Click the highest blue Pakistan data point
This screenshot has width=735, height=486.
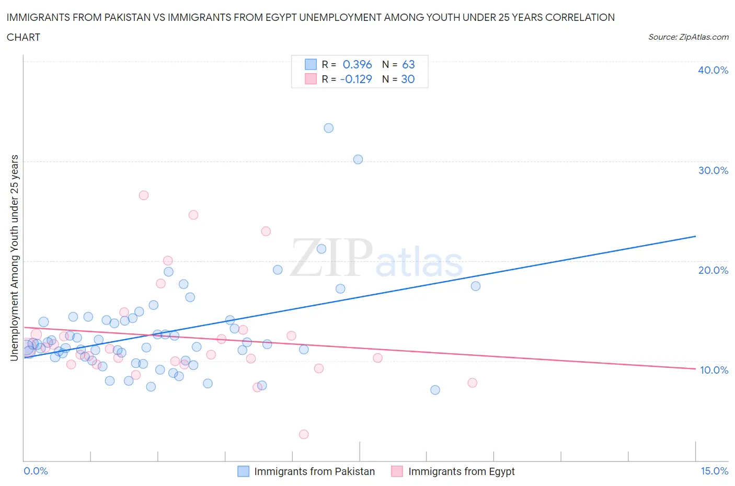tap(328, 128)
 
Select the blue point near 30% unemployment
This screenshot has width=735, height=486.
tap(358, 159)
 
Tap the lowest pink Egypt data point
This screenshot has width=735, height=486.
tap(304, 434)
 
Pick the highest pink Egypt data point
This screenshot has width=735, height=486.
tap(144, 195)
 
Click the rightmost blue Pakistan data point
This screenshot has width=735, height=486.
tap(476, 286)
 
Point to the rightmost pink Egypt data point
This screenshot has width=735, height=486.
tap(473, 383)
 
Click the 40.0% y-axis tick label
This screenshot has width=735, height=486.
tap(713, 70)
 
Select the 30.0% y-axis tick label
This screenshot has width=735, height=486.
tap(713, 170)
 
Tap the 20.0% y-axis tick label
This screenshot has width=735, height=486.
tap(713, 270)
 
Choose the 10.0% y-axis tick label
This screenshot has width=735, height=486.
tap(714, 370)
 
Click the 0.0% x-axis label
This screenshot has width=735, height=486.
tap(36, 471)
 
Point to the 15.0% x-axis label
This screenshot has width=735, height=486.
tap(714, 471)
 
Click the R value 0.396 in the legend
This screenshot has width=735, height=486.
tap(357, 64)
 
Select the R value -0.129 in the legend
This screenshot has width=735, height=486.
tap(356, 79)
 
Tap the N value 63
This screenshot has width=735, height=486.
tap(408, 64)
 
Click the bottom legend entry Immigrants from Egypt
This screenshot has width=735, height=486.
tap(461, 471)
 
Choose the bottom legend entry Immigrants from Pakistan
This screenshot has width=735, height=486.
tap(314, 471)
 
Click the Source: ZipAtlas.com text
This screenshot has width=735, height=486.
tap(688, 37)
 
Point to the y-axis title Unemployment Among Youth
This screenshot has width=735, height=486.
tap(15, 258)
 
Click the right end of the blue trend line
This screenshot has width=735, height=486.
tap(695, 236)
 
